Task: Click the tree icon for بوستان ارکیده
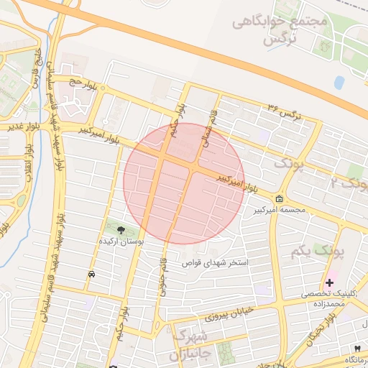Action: pyautogui.click(x=120, y=231)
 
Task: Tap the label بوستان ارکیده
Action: pyautogui.click(x=120, y=244)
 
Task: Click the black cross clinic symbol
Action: pyautogui.click(x=330, y=283)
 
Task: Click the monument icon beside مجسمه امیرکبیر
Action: pyautogui.click(x=278, y=199)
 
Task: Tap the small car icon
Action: pyautogui.click(x=92, y=275)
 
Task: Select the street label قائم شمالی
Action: pyautogui.click(x=207, y=129)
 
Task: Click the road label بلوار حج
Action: pyautogui.click(x=82, y=84)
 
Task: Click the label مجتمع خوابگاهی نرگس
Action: pyautogui.click(x=280, y=31)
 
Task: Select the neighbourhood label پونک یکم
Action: pyautogui.click(x=317, y=252)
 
